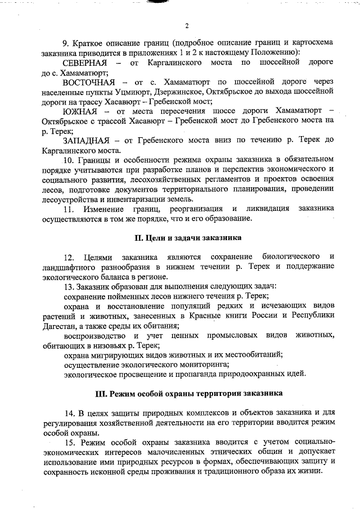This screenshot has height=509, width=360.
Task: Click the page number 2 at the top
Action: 186,26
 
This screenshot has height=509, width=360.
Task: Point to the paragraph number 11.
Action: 68,209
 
